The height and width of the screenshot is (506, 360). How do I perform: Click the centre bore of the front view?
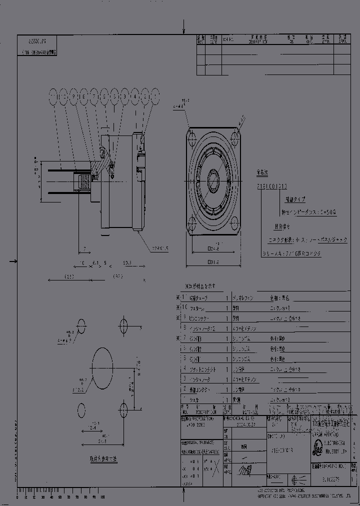pos(213,178)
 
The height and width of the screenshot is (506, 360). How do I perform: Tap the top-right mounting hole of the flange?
pos(235,134)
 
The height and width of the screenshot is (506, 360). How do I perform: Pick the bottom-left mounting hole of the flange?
pos(191,222)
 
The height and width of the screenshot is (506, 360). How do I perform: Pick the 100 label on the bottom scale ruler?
pos(102,497)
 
